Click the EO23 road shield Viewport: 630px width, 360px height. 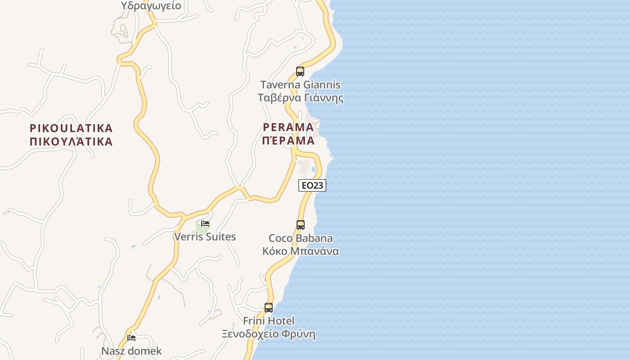click(312, 185)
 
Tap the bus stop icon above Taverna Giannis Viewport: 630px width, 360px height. click(300, 71)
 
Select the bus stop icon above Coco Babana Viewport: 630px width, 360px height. click(301, 225)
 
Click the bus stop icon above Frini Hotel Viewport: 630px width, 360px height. click(269, 308)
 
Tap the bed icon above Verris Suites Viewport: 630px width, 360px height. click(205, 223)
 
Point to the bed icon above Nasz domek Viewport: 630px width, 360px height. click(131, 337)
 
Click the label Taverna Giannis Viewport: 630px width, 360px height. click(300, 85)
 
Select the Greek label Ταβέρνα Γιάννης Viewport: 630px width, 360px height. click(300, 98)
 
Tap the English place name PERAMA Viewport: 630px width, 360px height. click(288, 127)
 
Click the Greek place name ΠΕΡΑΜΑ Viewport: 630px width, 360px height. click(288, 141)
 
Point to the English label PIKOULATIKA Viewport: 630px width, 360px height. click(71, 128)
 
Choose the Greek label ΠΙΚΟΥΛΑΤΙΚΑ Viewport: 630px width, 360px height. click(71, 142)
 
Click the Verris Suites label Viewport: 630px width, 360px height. click(205, 237)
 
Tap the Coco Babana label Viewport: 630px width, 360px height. click(301, 238)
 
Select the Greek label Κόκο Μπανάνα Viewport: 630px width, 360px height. click(301, 251)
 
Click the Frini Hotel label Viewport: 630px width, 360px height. click(269, 321)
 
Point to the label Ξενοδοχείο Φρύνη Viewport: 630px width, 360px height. click(269, 334)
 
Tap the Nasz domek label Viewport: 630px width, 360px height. click(131, 351)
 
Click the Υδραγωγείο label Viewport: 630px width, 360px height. click(151, 6)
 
